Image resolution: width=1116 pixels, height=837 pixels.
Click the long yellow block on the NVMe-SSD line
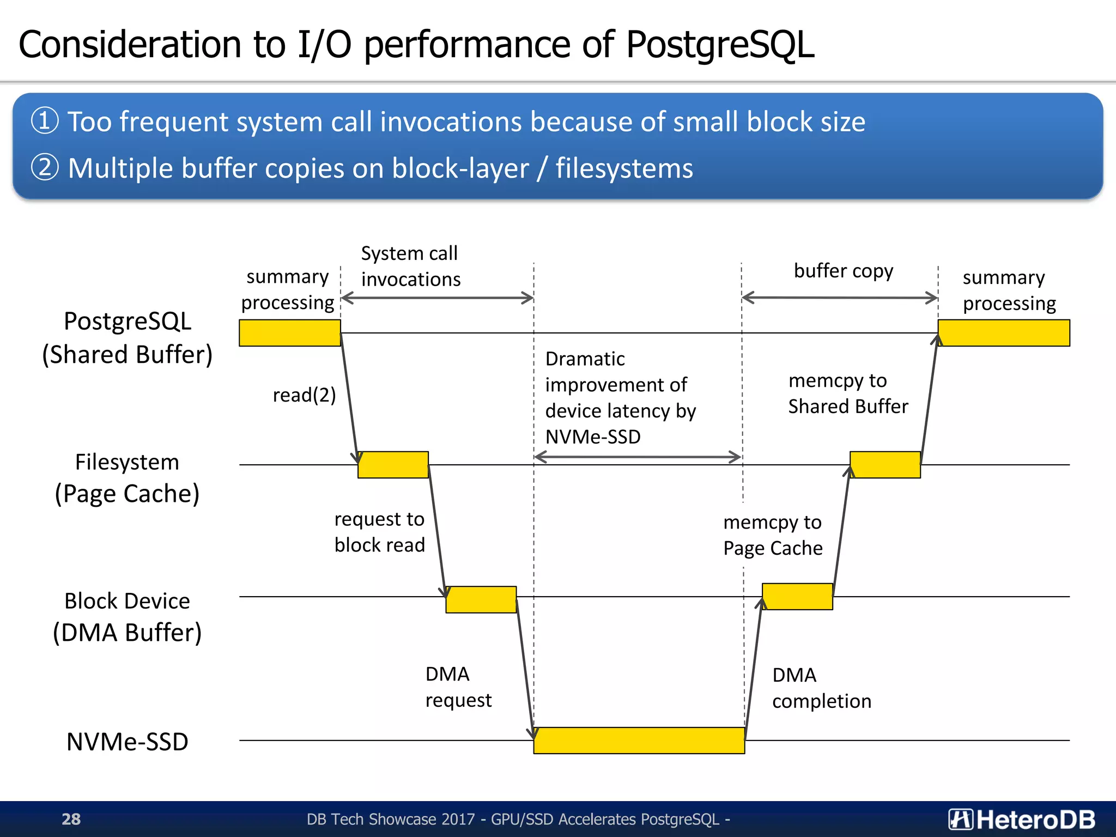(x=639, y=740)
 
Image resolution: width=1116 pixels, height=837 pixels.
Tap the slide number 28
(x=71, y=819)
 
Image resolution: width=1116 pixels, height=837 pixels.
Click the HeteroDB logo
(x=1021, y=819)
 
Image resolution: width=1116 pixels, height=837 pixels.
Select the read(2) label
(x=304, y=395)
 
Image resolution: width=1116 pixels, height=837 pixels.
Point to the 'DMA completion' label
(x=821, y=688)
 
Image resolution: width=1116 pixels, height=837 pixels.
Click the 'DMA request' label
(x=458, y=687)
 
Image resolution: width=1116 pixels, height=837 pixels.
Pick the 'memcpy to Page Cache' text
(x=773, y=535)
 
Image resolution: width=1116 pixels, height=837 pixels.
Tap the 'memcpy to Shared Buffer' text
(x=847, y=393)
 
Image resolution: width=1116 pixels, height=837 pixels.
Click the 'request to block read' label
(x=379, y=532)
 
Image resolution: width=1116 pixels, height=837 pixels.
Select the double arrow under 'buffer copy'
(x=839, y=298)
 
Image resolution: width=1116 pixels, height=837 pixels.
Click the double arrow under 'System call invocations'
(x=437, y=298)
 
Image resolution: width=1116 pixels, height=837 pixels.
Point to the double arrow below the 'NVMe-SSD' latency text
(x=638, y=457)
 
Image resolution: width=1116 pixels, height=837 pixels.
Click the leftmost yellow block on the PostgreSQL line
(x=289, y=332)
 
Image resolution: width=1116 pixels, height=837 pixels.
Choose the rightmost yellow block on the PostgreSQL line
(x=1003, y=332)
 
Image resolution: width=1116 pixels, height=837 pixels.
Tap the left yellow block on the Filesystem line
(x=393, y=464)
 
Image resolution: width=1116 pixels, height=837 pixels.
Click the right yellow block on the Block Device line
(x=797, y=596)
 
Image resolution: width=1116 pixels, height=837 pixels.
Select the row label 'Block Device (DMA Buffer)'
(x=127, y=617)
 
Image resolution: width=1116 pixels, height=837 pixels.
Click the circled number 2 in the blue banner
(x=44, y=167)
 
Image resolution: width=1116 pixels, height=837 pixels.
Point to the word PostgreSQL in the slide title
(x=719, y=44)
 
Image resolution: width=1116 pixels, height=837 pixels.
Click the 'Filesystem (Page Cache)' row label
(x=127, y=478)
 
